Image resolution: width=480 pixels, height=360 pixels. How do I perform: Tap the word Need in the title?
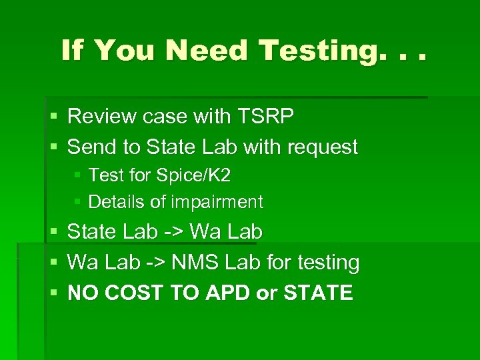coord(208,51)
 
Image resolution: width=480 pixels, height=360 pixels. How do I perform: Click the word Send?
coord(90,147)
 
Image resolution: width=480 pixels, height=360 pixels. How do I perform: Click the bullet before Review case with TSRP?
coord(54,117)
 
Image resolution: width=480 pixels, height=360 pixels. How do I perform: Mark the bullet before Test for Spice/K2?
coord(77,176)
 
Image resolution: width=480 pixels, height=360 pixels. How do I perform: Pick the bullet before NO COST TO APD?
coord(54,293)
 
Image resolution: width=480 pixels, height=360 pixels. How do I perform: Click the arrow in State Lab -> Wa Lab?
coord(173,232)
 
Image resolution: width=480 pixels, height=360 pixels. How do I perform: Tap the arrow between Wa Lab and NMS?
coord(155,263)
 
